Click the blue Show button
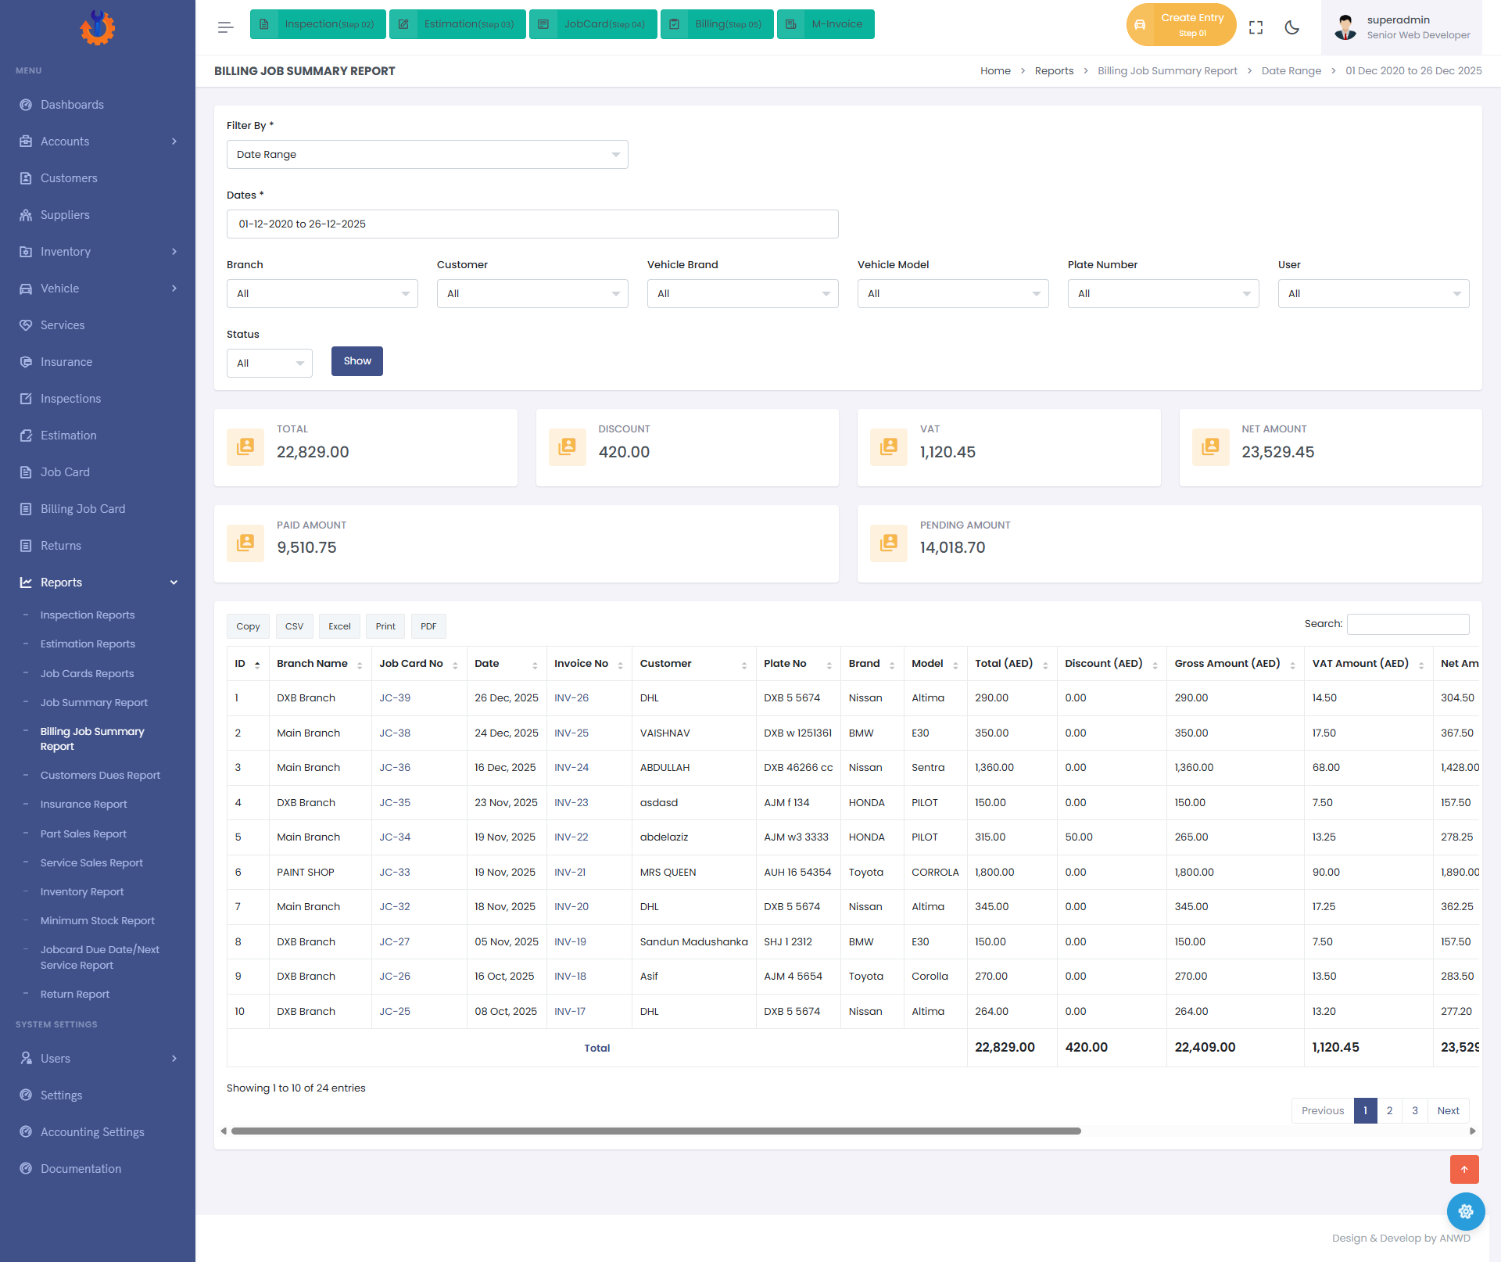357,361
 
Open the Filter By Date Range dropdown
427,155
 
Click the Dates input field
532,224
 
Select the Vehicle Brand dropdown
743,294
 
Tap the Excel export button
339,626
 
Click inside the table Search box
1408,624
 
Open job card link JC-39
395,698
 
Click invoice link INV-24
571,768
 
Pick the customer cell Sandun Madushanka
693,942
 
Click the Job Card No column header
411,664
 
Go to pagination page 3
1415,1111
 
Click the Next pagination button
1449,1111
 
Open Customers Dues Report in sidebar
100,776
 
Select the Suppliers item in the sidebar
65,215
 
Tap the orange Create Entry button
1181,25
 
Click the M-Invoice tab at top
826,24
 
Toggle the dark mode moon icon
1292,27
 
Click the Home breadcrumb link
995,71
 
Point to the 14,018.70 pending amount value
952,548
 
